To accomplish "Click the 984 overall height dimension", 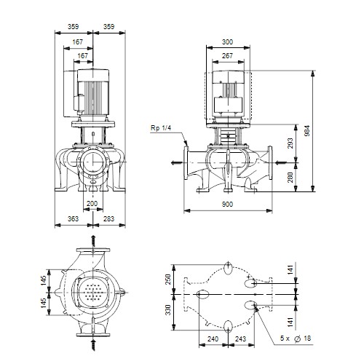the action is pos(307,131).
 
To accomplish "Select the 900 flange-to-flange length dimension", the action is pos(227,205).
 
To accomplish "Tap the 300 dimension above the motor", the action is pos(227,42).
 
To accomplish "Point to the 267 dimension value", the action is pos(227,56).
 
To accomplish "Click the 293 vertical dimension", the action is pos(290,143).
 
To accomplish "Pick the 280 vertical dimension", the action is pos(290,178).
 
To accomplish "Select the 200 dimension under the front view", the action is pos(92,204).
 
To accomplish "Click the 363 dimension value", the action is pos(73,219).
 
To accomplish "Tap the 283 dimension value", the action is pos(108,219).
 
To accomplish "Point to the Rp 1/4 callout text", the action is pos(161,128).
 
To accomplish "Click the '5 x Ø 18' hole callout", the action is pos(296,339).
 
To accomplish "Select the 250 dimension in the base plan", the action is pos(168,280).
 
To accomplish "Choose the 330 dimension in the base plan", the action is pos(168,310).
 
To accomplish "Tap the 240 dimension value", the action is pos(213,339).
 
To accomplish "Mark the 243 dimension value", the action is pos(240,339).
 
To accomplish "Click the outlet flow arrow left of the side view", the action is pos(177,162).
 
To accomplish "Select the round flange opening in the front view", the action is pos(93,162).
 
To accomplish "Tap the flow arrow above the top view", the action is pos(93,241).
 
